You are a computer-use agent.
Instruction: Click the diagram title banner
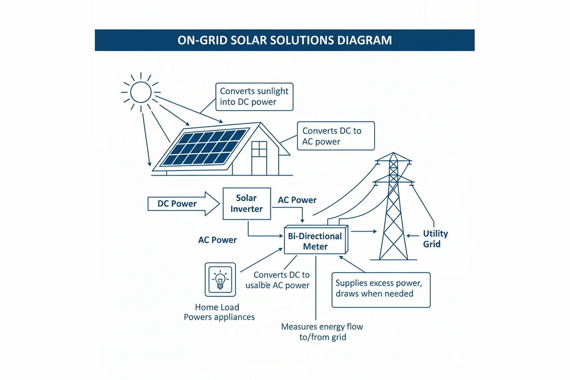(x=285, y=40)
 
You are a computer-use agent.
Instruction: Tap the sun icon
(x=141, y=92)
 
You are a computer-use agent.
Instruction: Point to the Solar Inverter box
(x=246, y=204)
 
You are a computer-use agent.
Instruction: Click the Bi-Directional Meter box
(x=315, y=241)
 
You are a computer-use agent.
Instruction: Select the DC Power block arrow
(x=183, y=204)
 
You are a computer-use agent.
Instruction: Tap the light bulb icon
(x=220, y=280)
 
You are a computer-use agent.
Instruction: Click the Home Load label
(x=217, y=307)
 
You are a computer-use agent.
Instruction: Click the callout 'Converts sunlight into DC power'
(x=254, y=96)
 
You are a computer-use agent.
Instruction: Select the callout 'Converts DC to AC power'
(x=335, y=136)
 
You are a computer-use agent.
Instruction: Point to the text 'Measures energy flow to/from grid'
(x=322, y=332)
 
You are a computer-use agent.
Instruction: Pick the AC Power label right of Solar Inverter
(x=297, y=200)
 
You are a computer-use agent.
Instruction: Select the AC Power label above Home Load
(x=217, y=240)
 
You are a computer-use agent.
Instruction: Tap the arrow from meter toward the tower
(x=364, y=231)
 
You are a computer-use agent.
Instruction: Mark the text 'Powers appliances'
(x=219, y=317)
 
